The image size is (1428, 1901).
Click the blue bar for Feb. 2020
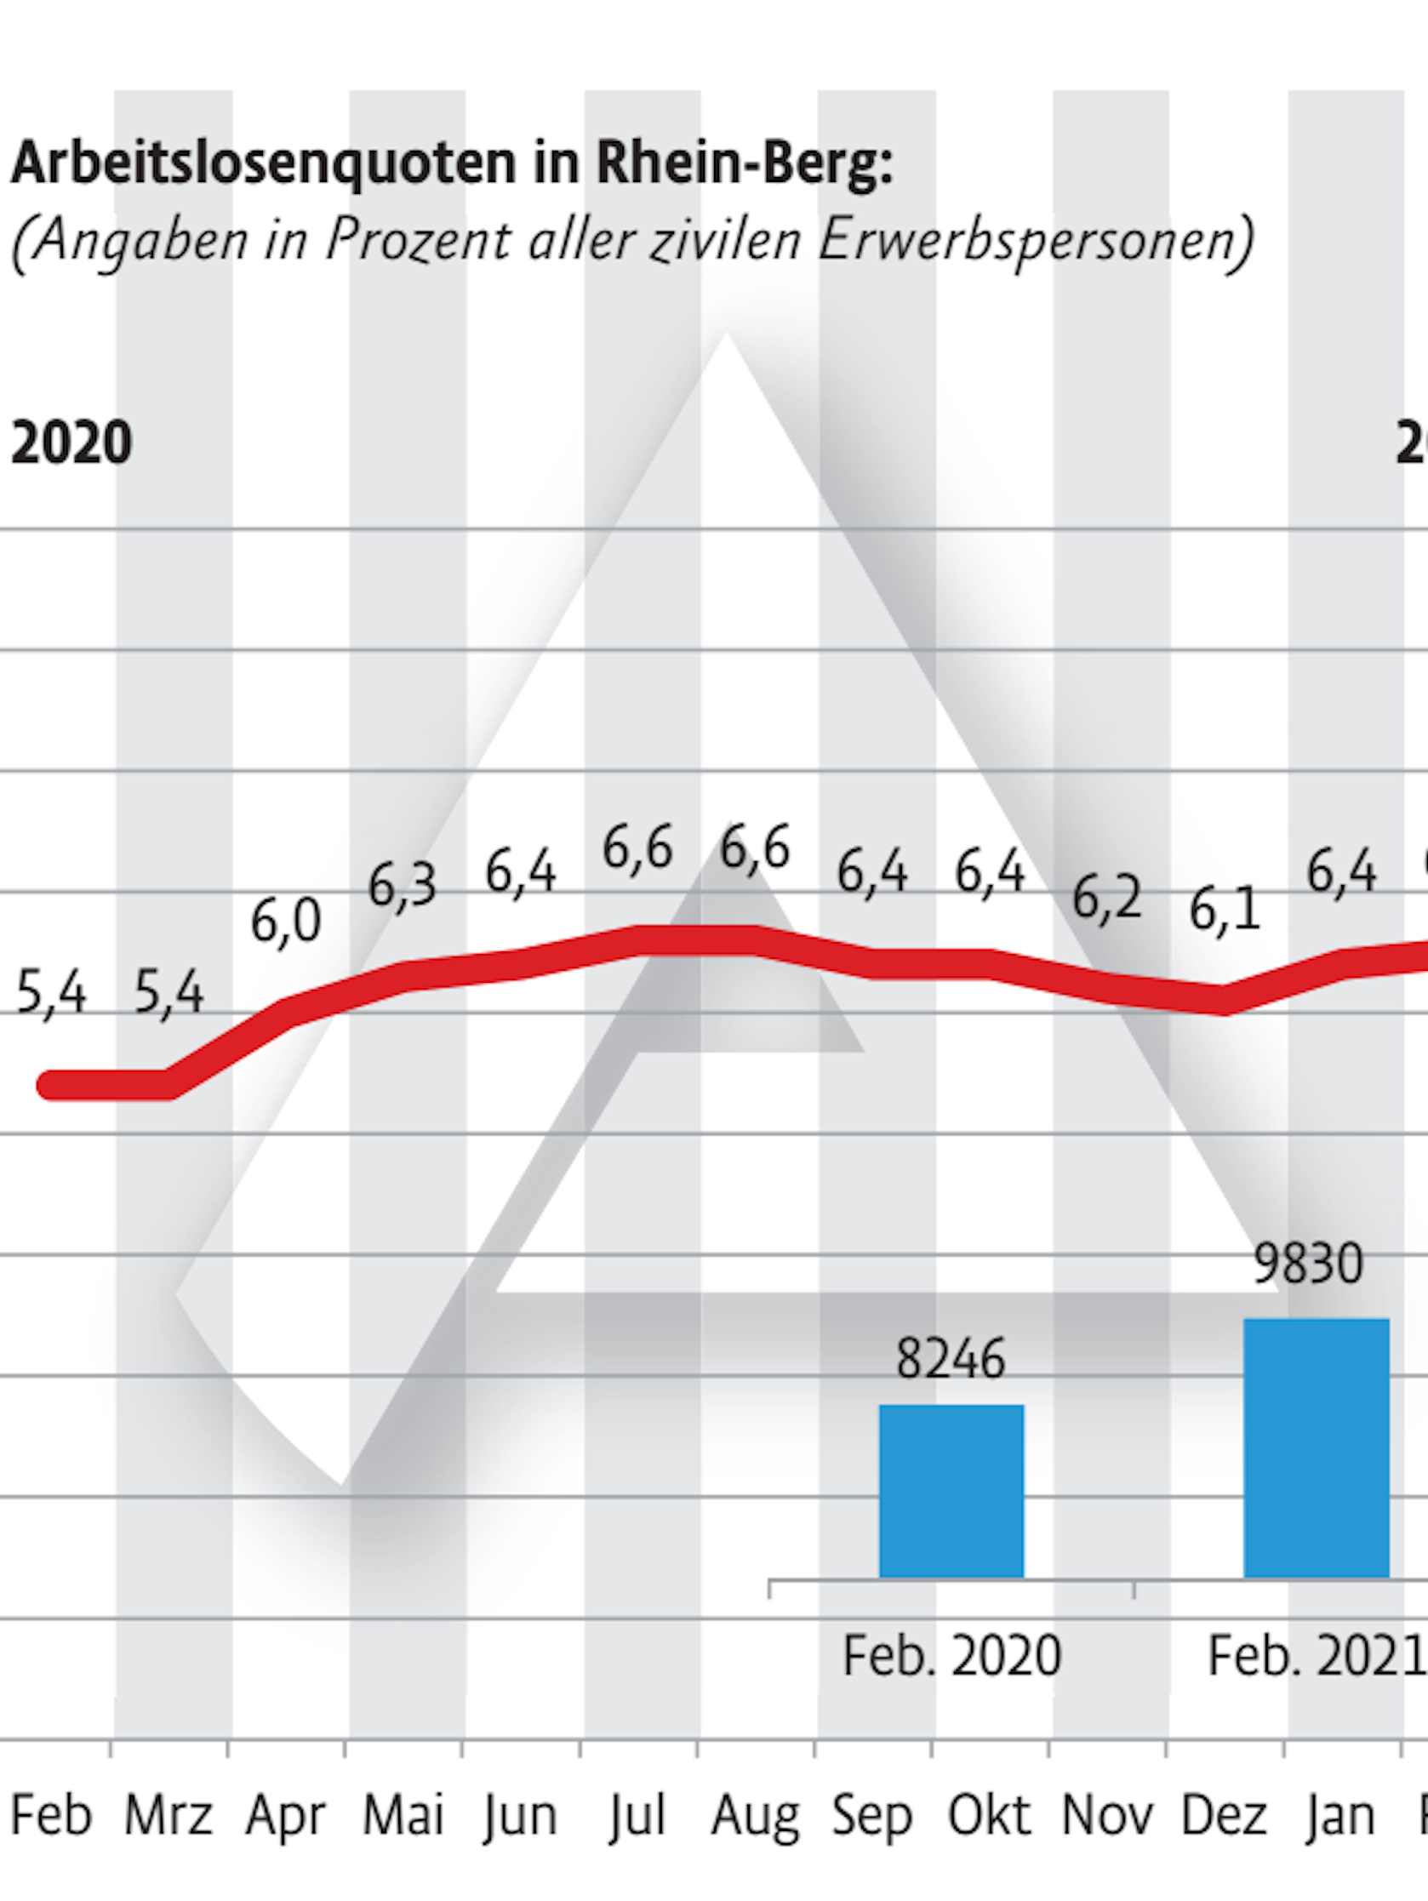click(x=951, y=1490)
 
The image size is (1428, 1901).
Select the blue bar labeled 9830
click(x=1316, y=1447)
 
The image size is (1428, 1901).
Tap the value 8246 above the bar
click(x=950, y=1360)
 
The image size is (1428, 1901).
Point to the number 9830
click(x=1308, y=1264)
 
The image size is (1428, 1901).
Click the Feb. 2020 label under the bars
click(x=951, y=1656)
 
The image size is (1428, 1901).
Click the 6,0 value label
click(x=285, y=922)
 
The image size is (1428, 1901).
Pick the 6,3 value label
click(x=403, y=885)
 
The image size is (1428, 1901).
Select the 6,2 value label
click(x=1106, y=899)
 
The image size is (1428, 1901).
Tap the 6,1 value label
click(x=1225, y=911)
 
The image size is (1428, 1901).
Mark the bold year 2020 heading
click(x=71, y=443)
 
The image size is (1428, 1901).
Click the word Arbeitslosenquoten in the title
click(x=263, y=163)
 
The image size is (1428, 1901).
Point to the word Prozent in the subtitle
click(x=419, y=239)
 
